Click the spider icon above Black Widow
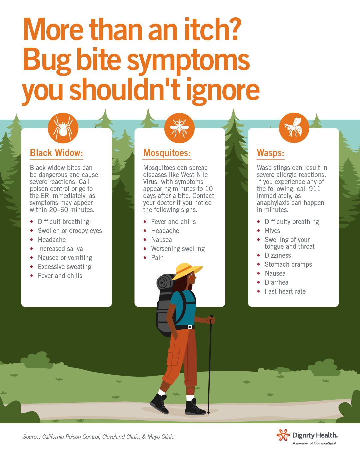(x=63, y=128)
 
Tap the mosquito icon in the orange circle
(x=179, y=128)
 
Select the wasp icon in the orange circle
(x=294, y=127)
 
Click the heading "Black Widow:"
(x=56, y=153)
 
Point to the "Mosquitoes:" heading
(x=167, y=153)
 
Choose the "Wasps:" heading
(x=270, y=153)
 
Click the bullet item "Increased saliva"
(x=60, y=249)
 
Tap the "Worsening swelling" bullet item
(x=178, y=249)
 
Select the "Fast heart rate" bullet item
(x=285, y=291)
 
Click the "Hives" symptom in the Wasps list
(x=272, y=231)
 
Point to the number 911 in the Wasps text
(x=315, y=189)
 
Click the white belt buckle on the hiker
(x=190, y=327)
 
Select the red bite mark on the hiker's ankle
(x=190, y=391)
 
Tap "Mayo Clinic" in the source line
(x=161, y=437)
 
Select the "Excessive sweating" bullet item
(x=64, y=267)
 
